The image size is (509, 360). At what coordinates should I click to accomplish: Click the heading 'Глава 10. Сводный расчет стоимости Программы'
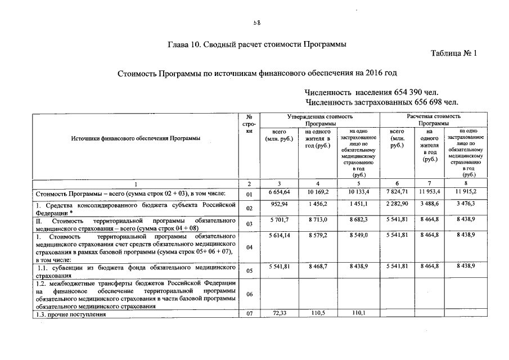click(x=257, y=44)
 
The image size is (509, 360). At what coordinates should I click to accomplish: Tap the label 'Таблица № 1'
click(x=454, y=53)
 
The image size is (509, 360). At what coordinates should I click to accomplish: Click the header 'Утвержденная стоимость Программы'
click(x=319, y=119)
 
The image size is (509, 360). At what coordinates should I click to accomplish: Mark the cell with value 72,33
click(x=280, y=314)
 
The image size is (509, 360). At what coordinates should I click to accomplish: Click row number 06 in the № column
click(x=250, y=294)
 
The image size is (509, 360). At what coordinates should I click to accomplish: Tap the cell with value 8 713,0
click(x=318, y=219)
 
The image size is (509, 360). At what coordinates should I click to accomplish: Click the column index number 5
click(x=356, y=184)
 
